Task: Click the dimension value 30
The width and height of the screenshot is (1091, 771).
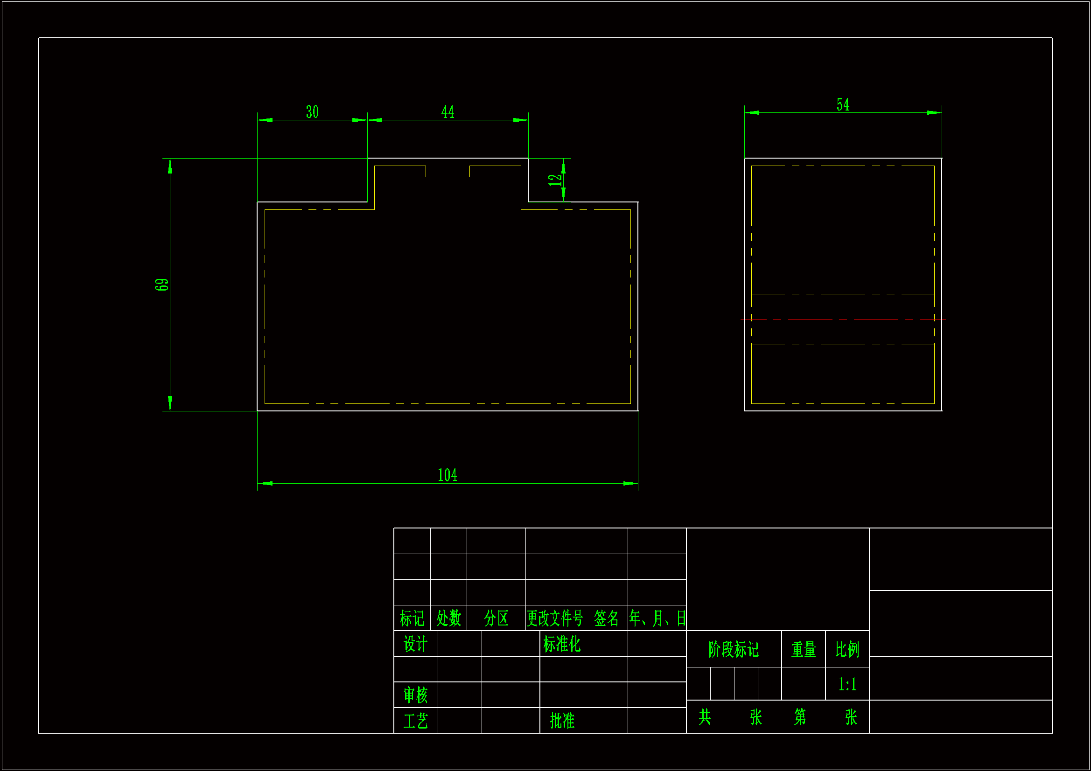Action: coord(312,112)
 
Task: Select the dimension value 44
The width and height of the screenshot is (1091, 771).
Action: coord(448,112)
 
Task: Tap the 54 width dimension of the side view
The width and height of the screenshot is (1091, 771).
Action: coord(843,105)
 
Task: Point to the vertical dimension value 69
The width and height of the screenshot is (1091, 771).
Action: coord(161,285)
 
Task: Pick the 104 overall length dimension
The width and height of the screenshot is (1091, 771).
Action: coord(447,475)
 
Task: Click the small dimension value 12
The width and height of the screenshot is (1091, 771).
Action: coord(554,180)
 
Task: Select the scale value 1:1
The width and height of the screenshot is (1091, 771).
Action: coord(847,685)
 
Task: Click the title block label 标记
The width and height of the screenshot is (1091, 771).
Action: coord(412,618)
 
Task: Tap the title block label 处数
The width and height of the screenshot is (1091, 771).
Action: coord(448,618)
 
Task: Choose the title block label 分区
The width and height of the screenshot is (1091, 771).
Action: coord(496,618)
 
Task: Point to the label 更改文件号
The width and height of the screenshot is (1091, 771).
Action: coord(554,618)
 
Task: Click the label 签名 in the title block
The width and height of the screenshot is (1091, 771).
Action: coord(606,618)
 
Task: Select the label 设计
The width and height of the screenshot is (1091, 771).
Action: coord(415,644)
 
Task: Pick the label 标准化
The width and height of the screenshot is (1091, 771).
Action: coord(562,644)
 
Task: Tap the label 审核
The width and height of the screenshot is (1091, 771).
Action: coord(415,695)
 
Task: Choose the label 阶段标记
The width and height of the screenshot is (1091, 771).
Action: coord(734,649)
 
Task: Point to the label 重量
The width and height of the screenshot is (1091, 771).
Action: coord(804,649)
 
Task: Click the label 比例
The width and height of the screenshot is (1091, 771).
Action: coord(847,649)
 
